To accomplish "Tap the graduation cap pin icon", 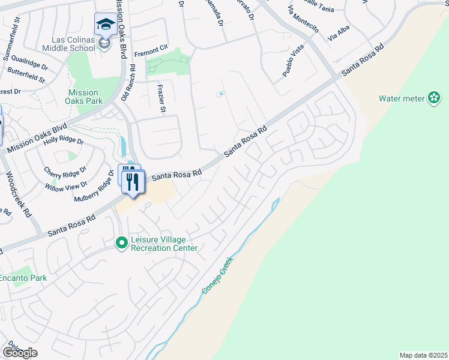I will (x=106, y=25).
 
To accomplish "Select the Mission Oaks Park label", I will (x=83, y=97).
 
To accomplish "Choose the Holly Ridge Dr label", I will (x=63, y=143).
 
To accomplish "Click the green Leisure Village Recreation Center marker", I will (x=122, y=242).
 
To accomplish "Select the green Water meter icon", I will (x=434, y=98).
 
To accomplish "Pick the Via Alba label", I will (x=340, y=34).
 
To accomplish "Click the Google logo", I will (x=20, y=352).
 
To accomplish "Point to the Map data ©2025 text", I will (x=423, y=355).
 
